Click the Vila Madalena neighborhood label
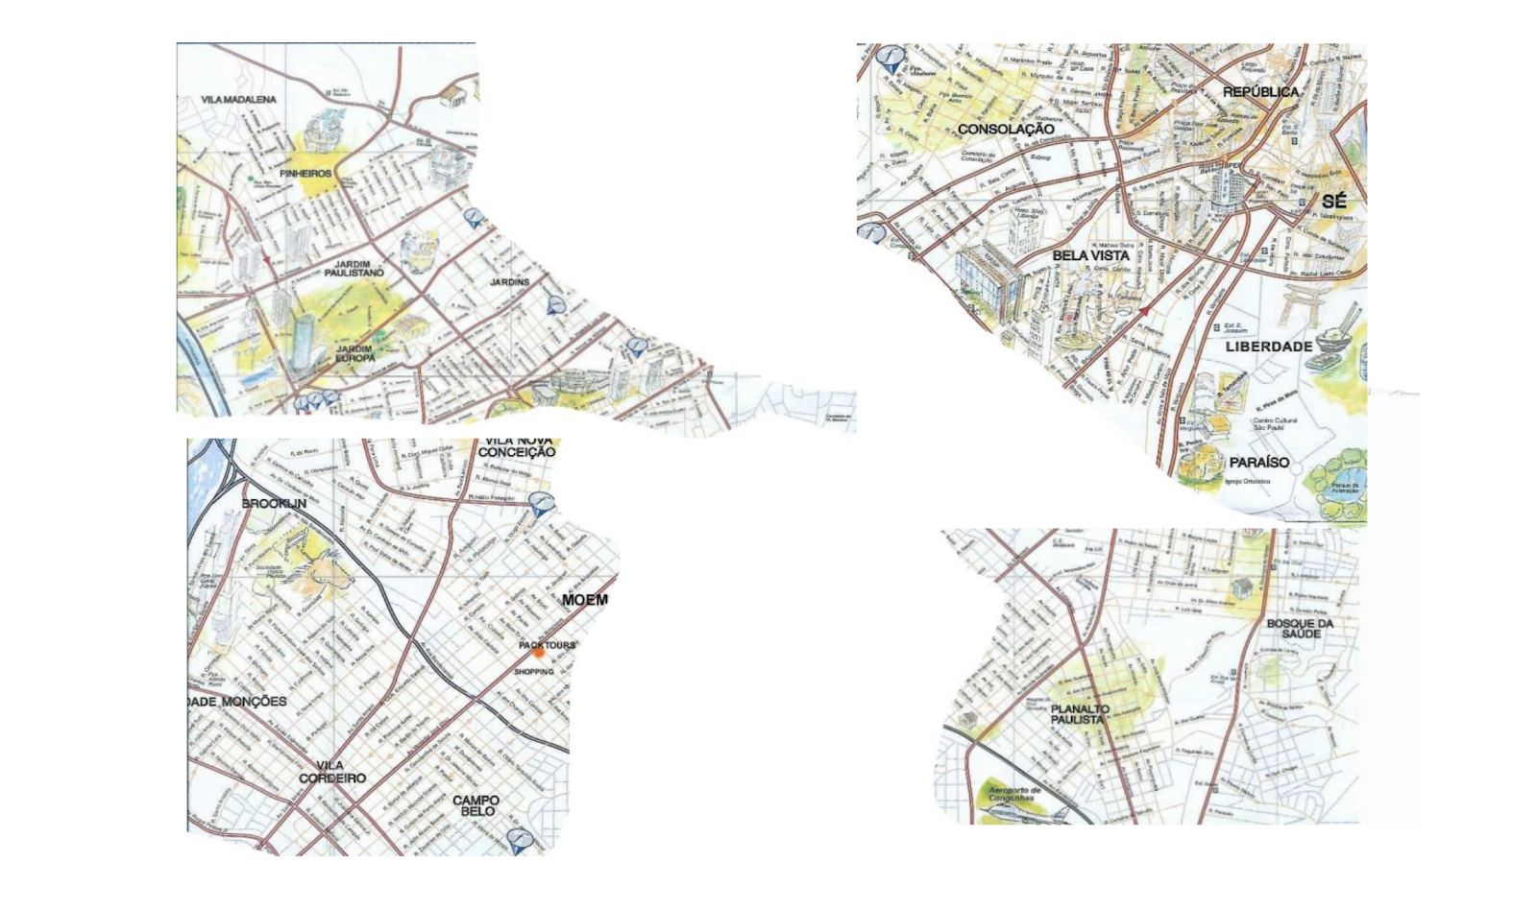coord(238,100)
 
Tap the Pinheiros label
coord(305,174)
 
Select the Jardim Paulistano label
coord(354,268)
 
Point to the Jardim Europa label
coord(354,353)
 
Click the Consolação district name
coord(1006,129)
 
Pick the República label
coord(1260,92)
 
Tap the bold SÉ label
coord(1333,202)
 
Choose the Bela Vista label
coord(1090,255)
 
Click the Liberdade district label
coord(1268,347)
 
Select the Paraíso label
coord(1258,463)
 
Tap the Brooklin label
coord(274,503)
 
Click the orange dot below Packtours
coord(539,653)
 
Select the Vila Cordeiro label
coord(331,772)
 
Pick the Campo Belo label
coord(476,805)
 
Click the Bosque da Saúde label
coord(1300,629)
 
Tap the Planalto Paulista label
coord(1080,714)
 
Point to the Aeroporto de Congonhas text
coord(1013,795)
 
